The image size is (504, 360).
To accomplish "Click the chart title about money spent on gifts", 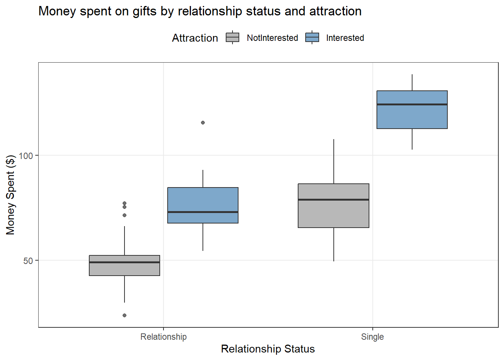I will [200, 11].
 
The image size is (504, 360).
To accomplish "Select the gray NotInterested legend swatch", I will [232, 37].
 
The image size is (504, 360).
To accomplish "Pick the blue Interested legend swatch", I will [312, 37].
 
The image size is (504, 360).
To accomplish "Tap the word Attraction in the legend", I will [195, 38].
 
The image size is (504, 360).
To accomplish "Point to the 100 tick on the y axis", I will [26, 156].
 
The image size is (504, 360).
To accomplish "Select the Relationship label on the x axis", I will [163, 337].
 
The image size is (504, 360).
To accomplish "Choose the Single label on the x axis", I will [372, 337].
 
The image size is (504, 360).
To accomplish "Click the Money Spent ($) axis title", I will [10, 195].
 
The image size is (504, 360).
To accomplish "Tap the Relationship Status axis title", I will [268, 349].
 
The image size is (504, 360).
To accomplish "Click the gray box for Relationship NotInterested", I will [124, 269].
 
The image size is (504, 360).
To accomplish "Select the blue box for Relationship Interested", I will [203, 199].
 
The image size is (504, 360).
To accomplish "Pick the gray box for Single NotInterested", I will [333, 214].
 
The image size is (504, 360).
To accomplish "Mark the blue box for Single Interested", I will [412, 116].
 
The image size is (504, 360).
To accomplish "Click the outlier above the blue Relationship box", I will [203, 123].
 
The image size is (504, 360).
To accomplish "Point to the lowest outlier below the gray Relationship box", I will [124, 315].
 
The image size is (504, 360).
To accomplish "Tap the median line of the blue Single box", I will [412, 104].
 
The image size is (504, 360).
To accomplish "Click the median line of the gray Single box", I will [333, 199].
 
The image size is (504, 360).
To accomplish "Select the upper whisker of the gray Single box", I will [334, 161].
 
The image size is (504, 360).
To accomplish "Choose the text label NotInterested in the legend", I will [272, 38].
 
